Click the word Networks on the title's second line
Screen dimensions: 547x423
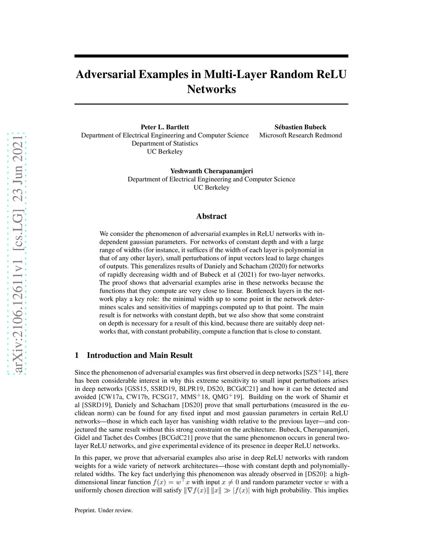pyautogui.click(x=211, y=89)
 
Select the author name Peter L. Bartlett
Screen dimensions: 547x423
pyautogui.click(x=165, y=127)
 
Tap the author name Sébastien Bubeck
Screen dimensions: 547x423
pyautogui.click(x=300, y=127)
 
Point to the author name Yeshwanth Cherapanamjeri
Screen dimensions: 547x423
pyautogui.click(x=211, y=171)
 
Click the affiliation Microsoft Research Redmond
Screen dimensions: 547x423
pyautogui.click(x=300, y=135)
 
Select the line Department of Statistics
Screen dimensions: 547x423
pyautogui.click(x=165, y=143)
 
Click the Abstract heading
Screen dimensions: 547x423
pyautogui.click(x=211, y=216)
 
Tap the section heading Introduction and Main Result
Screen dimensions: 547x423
pyautogui.click(x=140, y=355)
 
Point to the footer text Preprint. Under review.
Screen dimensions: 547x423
pyautogui.click(x=104, y=510)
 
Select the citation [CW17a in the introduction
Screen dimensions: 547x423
pyautogui.click(x=111, y=397)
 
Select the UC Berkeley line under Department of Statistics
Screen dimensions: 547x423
pyautogui.click(x=165, y=152)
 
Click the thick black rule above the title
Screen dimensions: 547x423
pyautogui.click(x=211, y=56)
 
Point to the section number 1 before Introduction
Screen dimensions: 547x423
pyautogui.click(x=77, y=355)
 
